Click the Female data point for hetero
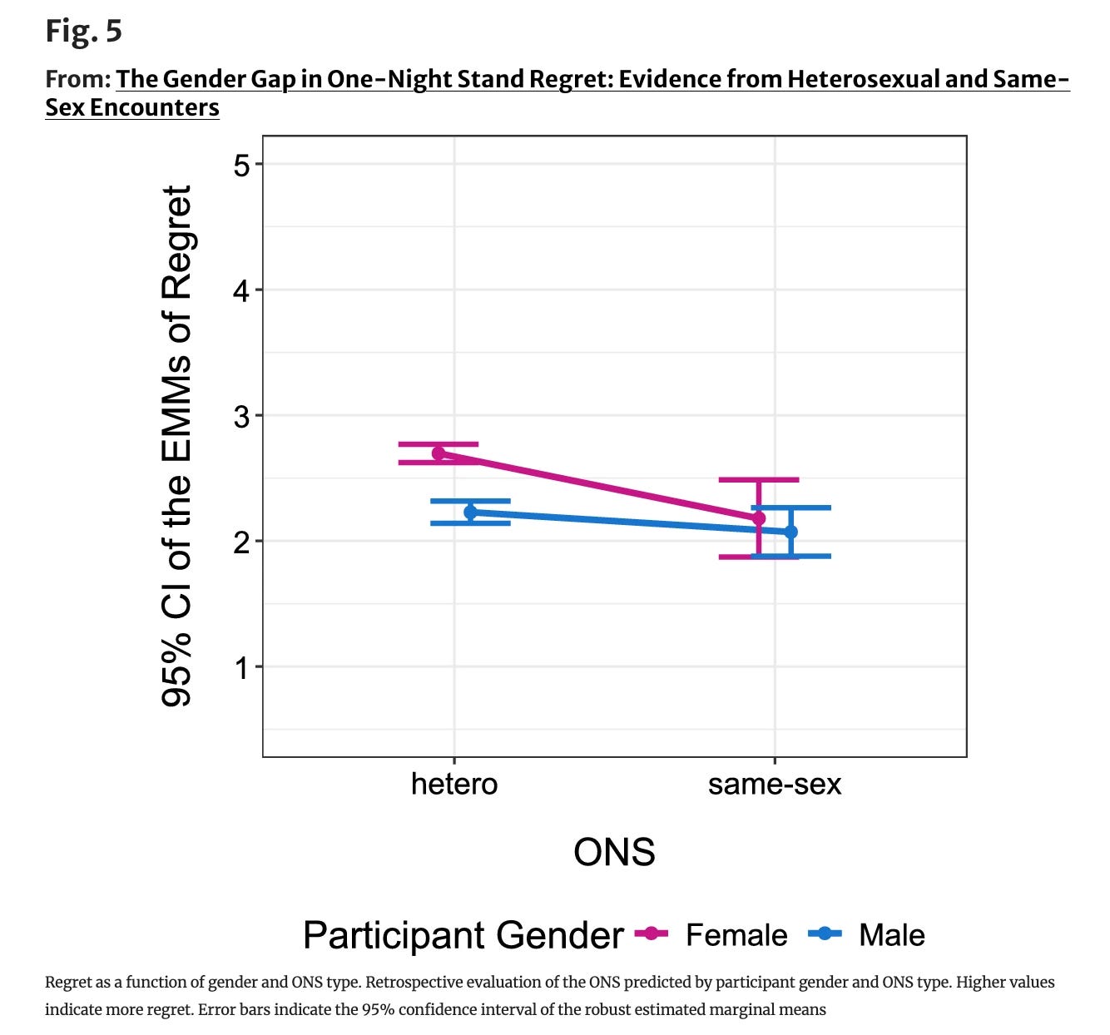click(439, 453)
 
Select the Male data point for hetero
click(471, 512)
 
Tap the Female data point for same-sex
click(758, 518)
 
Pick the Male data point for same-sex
click(790, 531)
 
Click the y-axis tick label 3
click(241, 416)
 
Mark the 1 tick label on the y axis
click(241, 668)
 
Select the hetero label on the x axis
click(454, 784)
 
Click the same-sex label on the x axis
click(774, 784)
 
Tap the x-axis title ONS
click(614, 852)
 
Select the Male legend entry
click(866, 934)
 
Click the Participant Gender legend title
click(463, 935)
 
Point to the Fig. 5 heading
click(84, 31)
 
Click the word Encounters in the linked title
click(154, 107)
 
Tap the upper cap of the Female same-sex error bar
click(758, 479)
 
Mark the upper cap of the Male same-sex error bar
click(790, 508)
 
